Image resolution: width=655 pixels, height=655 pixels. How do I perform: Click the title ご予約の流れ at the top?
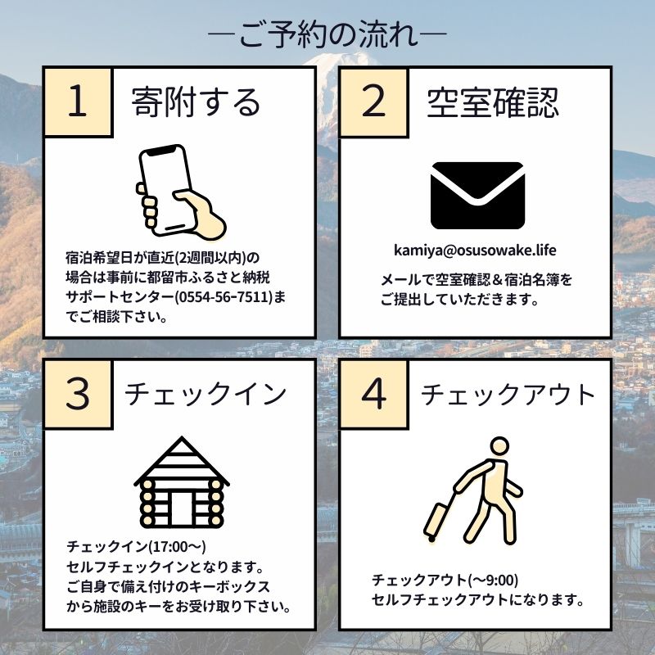click(327, 36)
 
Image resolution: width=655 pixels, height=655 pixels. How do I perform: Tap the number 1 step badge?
click(77, 103)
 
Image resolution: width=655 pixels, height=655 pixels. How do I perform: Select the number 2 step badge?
click(373, 103)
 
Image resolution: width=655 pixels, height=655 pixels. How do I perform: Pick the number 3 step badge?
click(77, 395)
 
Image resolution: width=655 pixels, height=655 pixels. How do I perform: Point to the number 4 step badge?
click(373, 395)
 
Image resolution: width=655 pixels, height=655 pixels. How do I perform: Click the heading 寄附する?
click(196, 103)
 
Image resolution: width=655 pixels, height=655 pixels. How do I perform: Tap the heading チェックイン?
click(206, 395)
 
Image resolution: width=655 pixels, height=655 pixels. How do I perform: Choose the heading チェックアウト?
click(508, 395)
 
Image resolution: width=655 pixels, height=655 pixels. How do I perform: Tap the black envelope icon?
click(477, 196)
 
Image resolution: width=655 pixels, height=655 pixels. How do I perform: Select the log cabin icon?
click(181, 484)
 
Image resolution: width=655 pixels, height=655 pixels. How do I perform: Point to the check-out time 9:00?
click(499, 580)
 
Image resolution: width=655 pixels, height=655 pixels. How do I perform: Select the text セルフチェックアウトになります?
click(477, 600)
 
